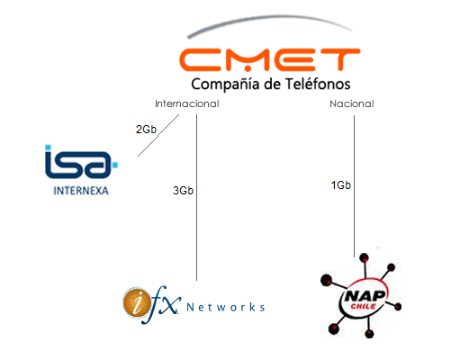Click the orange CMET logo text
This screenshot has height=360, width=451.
click(x=270, y=59)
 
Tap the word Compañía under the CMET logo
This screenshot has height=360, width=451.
click(x=225, y=85)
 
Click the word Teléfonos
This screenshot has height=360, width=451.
click(x=318, y=84)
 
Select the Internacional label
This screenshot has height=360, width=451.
click(x=187, y=103)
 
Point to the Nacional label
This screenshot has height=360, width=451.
click(x=352, y=103)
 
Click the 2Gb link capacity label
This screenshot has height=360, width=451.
click(x=146, y=130)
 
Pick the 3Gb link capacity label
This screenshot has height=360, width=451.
click(x=183, y=191)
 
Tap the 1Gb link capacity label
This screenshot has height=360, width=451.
click(x=341, y=185)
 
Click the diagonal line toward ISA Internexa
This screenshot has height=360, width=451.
click(x=158, y=135)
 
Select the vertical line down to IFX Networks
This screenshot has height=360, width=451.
click(x=197, y=197)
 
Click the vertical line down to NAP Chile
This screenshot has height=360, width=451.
click(x=354, y=186)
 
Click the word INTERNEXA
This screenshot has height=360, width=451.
click(x=81, y=191)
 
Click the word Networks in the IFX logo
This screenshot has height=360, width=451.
click(x=226, y=307)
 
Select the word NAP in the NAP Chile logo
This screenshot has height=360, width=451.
click(x=365, y=296)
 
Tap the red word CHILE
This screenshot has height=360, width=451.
click(x=364, y=306)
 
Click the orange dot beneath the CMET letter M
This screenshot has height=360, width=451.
click(x=248, y=69)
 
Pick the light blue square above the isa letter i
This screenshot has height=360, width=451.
click(x=48, y=148)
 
